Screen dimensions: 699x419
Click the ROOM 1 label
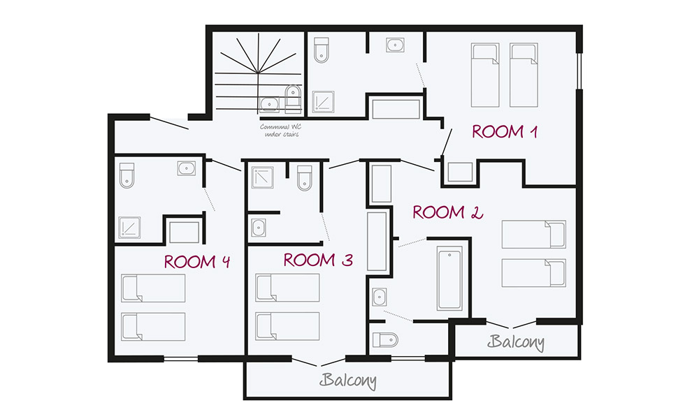coord(505,132)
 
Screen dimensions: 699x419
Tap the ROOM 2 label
coord(447,212)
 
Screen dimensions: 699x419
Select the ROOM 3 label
coord(318,260)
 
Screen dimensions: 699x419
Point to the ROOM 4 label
coord(196,262)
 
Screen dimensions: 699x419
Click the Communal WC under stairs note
coord(281,131)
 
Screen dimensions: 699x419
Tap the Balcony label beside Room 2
coord(516,342)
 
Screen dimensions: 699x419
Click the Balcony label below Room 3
coord(348,381)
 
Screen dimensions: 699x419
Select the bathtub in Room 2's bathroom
coord(449,278)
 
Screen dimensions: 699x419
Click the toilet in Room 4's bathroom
coord(127,175)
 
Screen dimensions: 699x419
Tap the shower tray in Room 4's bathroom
coord(130,227)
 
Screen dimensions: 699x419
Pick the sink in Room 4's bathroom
coord(187,168)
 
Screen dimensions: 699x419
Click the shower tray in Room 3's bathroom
coord(263,177)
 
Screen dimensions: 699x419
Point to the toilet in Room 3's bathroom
coord(305,178)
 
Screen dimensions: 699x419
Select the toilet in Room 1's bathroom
coord(322,50)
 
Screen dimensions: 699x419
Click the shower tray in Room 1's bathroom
coord(323,102)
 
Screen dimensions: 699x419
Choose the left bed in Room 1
coord(485,75)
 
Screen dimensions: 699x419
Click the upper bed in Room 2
coord(534,234)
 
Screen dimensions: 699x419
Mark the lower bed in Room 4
coord(153,327)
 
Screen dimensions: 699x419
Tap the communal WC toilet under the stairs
coord(292,98)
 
